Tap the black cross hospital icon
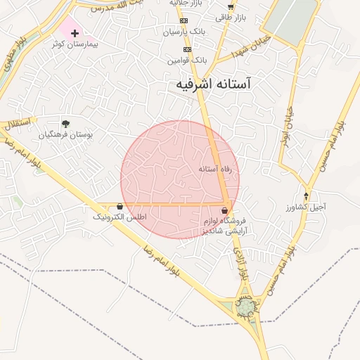75,33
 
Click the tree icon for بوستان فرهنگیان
65,124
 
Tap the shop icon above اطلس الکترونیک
120,207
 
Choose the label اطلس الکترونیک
120,217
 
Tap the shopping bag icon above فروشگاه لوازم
224,210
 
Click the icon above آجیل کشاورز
306,196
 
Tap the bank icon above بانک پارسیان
187,21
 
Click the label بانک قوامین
186,60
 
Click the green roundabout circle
245,307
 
